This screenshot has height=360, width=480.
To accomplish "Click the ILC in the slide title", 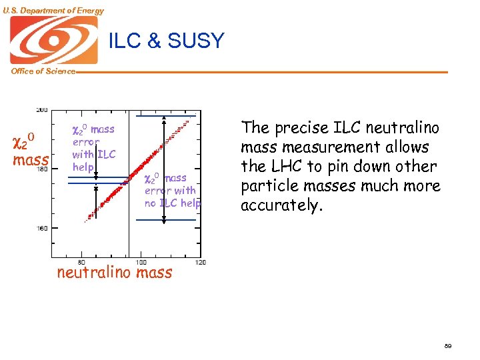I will click(125, 41).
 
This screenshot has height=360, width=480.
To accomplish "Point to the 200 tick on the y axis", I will click(42, 109).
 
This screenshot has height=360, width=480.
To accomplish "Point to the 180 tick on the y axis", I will click(42, 169).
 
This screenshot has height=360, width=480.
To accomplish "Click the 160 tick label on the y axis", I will click(42, 228).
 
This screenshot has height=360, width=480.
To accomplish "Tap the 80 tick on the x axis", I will click(81, 262).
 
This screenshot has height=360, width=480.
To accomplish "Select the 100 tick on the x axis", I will click(141, 262).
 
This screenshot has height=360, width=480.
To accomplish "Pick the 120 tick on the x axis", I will click(200, 262).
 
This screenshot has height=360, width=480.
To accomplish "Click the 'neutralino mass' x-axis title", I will click(115, 273).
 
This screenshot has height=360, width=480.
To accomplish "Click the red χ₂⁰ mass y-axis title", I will click(31, 150).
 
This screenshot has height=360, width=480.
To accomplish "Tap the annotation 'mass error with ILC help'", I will click(93, 148).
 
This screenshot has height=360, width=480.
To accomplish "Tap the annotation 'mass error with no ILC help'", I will click(172, 191).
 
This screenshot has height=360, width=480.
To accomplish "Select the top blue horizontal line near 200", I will click(167, 116).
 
